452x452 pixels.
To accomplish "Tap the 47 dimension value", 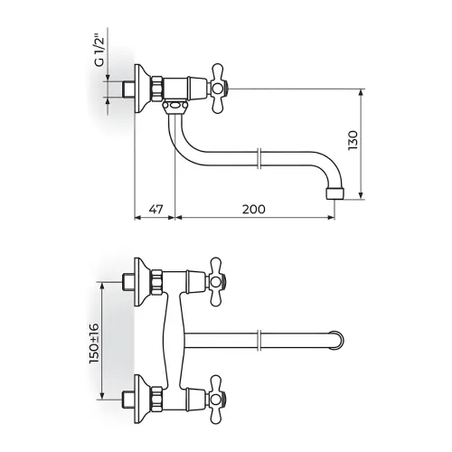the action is point(156,209).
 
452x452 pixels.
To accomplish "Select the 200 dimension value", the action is point(254,209).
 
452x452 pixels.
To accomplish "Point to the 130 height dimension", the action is point(353,140).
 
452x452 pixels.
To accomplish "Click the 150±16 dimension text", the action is point(94,343).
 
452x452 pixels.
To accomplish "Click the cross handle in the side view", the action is point(218,89).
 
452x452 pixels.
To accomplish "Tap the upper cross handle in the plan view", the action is point(217,282).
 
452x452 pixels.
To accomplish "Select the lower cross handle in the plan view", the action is point(217,400).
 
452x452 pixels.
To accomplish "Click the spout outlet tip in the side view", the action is point(334,193).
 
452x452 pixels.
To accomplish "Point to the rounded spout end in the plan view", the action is point(338,340).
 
